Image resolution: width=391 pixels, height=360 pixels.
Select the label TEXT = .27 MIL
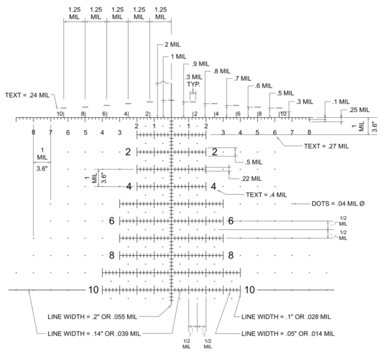327,146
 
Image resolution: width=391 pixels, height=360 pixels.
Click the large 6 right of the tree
231,221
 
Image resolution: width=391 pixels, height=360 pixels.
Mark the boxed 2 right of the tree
213,152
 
